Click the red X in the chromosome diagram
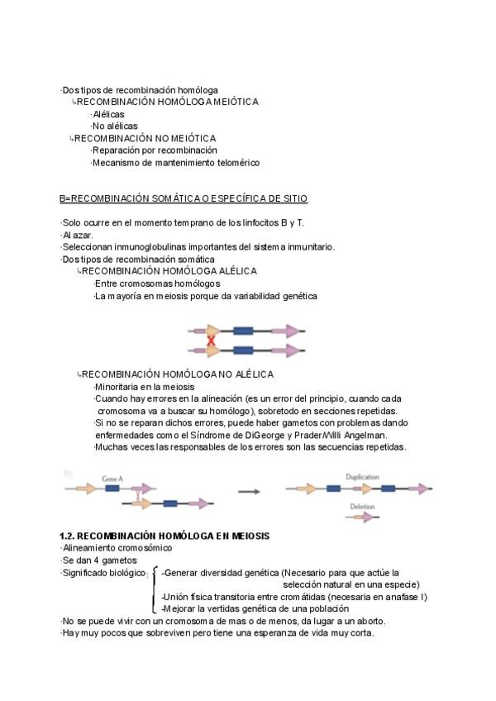click(x=212, y=340)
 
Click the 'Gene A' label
click(x=112, y=478)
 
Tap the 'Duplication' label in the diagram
click(x=362, y=477)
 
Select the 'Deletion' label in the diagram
click(x=362, y=507)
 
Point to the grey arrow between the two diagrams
click(x=249, y=492)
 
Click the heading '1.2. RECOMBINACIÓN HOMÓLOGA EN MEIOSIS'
click(x=165, y=536)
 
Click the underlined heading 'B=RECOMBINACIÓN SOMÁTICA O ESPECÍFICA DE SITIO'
click(x=184, y=199)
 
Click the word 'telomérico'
click(x=236, y=163)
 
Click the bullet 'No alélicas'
click(x=115, y=126)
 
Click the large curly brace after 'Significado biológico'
click(x=154, y=590)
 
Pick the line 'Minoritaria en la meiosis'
click(x=145, y=387)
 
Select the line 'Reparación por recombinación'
click(x=154, y=150)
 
